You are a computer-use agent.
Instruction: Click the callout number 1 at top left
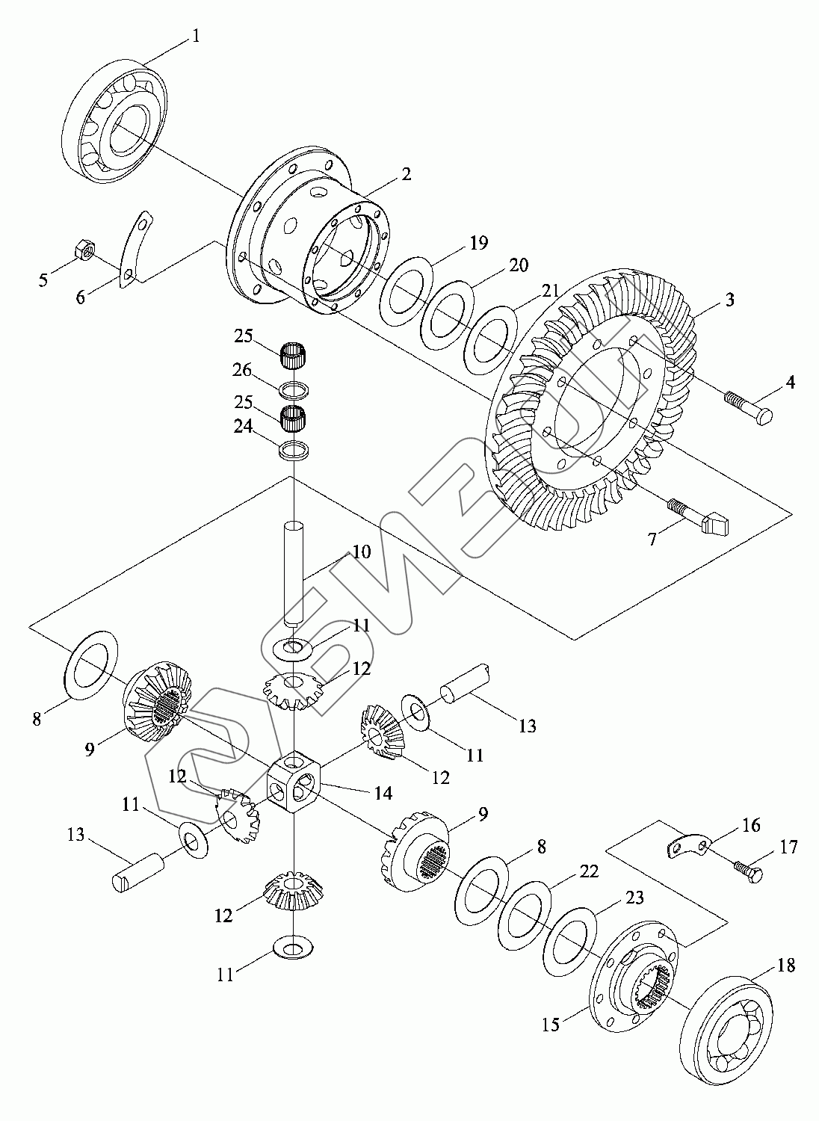tap(196, 36)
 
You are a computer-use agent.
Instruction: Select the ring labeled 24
tap(294, 450)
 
